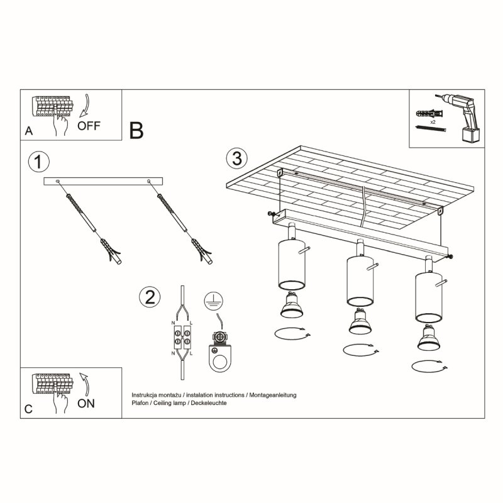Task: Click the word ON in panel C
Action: pos(87,403)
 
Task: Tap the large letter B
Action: pos(136,130)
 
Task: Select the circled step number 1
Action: pos(38,162)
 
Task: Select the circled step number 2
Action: pos(149,296)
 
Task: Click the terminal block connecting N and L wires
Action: pos(182,338)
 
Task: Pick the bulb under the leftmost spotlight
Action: pos(291,306)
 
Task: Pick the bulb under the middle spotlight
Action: pos(358,323)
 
